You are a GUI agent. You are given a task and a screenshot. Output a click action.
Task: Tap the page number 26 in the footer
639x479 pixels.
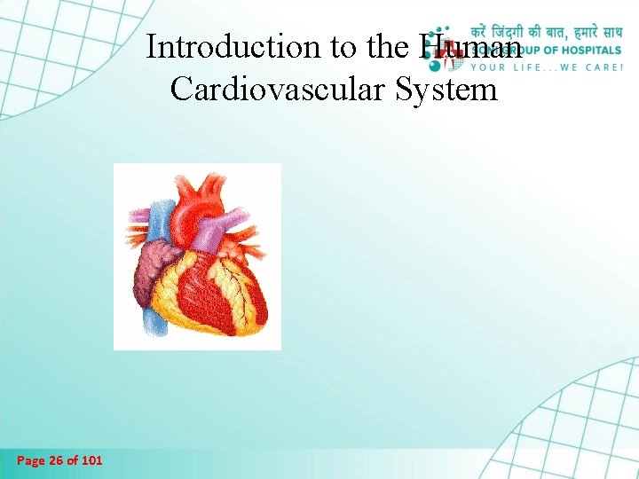click(58, 460)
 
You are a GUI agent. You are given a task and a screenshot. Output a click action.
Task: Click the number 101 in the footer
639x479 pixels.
click(90, 460)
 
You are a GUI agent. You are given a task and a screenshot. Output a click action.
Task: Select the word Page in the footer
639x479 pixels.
click(31, 460)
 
